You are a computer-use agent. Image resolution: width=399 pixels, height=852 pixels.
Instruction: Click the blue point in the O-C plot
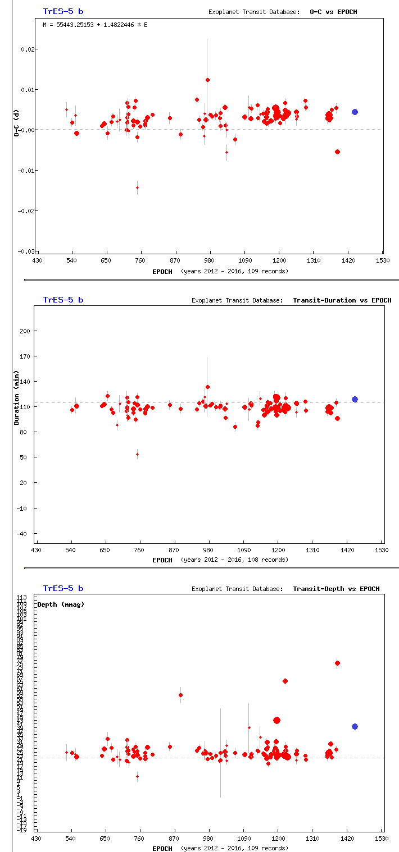tap(355, 112)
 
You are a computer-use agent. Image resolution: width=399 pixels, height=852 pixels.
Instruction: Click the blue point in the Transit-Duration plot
tap(355, 399)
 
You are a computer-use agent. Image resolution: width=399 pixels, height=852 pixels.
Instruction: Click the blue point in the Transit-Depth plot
tap(355, 726)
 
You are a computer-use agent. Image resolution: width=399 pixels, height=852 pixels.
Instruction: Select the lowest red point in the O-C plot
tap(137, 187)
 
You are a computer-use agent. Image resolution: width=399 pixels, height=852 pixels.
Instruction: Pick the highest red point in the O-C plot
tap(207, 80)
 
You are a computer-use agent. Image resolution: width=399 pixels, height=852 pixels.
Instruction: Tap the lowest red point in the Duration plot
tap(137, 454)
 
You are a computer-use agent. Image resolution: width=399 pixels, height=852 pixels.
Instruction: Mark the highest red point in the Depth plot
tap(337, 663)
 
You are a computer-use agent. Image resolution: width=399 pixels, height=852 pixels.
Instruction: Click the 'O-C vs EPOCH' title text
tap(333, 11)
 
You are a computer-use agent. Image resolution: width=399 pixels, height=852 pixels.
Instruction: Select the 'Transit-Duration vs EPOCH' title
tap(342, 300)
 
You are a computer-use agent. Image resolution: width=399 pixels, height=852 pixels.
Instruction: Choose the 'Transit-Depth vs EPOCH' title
tap(336, 589)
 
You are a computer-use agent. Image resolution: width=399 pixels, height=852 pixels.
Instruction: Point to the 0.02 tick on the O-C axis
tap(29, 49)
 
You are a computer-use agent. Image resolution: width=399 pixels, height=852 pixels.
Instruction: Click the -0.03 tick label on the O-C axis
tap(27, 251)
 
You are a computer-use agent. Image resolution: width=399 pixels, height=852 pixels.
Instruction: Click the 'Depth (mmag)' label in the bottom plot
tap(61, 604)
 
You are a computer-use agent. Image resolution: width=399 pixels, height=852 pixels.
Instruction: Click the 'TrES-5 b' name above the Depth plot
tap(63, 588)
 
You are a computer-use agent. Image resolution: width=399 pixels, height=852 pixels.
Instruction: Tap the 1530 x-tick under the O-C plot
tap(383, 261)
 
